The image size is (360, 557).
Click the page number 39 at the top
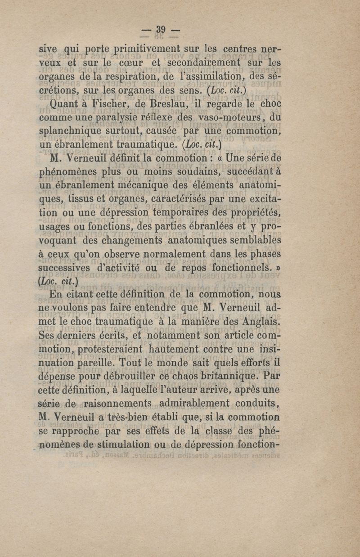click(x=161, y=30)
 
